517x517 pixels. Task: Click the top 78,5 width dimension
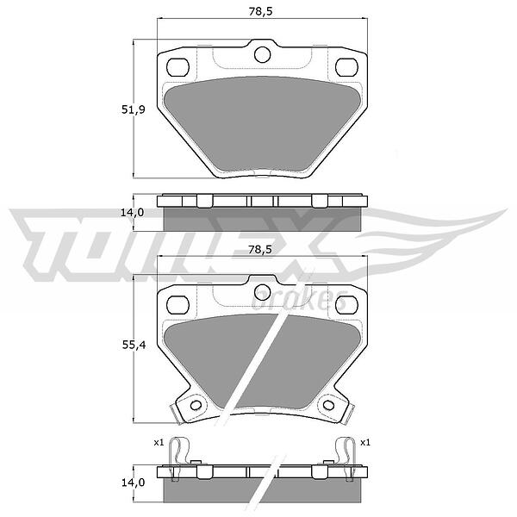click(x=260, y=11)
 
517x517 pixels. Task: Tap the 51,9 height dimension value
click(x=134, y=109)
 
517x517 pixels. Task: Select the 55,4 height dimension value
click(x=134, y=346)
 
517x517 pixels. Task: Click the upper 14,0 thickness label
click(x=132, y=213)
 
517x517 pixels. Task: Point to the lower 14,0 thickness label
click(x=133, y=483)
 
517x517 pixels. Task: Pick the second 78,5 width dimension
click(x=260, y=250)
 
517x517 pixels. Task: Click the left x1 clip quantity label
click(x=159, y=443)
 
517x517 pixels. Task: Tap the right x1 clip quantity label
click(x=365, y=443)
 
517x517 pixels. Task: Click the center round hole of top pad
click(x=263, y=55)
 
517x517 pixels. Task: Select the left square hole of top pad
click(x=178, y=67)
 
